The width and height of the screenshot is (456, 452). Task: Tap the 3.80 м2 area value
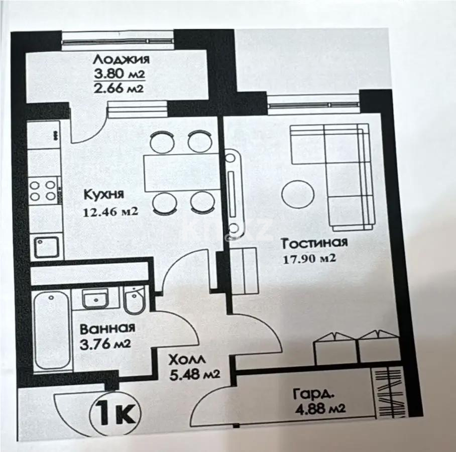coord(120,74)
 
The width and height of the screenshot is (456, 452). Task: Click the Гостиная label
coord(314,244)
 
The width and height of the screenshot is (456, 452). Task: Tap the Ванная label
coord(107,328)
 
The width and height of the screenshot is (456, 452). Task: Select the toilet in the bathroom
coord(134,300)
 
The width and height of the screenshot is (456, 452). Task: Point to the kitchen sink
coord(46,247)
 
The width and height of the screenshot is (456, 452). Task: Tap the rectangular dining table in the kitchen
coord(180,171)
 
